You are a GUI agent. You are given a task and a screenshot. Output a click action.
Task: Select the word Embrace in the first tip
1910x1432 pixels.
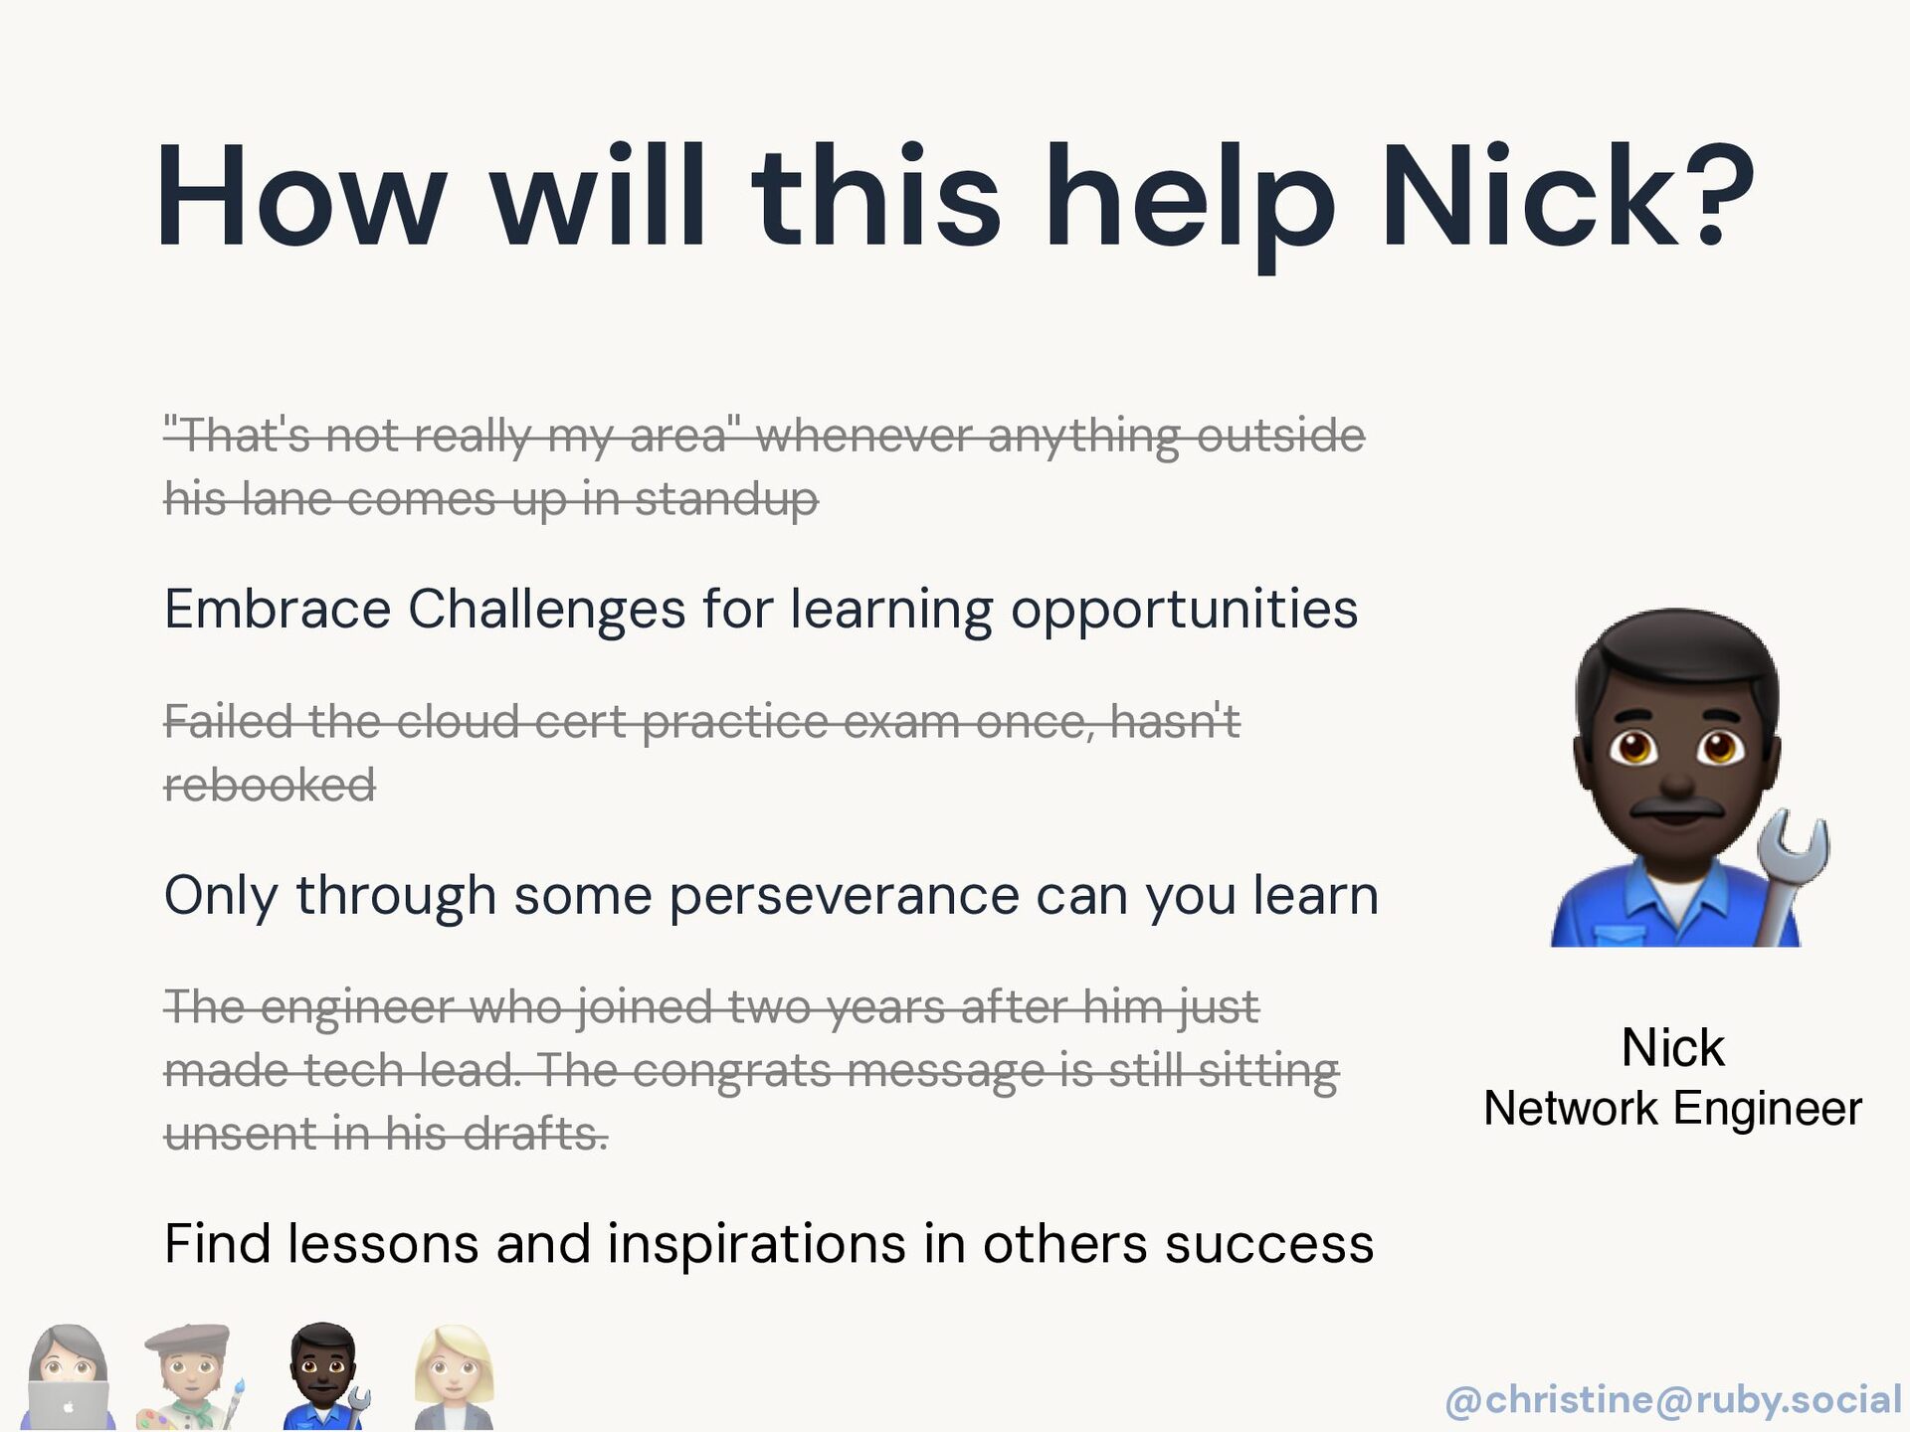click(x=278, y=609)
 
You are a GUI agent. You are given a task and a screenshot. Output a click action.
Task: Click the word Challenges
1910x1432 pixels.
click(x=546, y=611)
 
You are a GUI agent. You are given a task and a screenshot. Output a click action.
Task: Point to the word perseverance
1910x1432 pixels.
click(x=844, y=896)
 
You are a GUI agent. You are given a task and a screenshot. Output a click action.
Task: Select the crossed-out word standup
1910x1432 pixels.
click(x=726, y=499)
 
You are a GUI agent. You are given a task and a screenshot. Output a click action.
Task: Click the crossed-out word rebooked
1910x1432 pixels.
click(x=270, y=785)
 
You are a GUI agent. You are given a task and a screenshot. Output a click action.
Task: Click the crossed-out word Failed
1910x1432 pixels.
click(x=228, y=721)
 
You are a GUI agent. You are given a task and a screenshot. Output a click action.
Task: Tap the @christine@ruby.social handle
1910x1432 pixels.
click(x=1673, y=1399)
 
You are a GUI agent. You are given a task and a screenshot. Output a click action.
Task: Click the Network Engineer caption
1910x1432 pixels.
click(x=1672, y=1108)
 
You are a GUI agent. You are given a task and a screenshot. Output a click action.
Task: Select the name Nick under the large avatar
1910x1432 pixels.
click(x=1672, y=1047)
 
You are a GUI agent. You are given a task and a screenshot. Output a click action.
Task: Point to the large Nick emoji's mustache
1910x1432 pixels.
click(x=1677, y=805)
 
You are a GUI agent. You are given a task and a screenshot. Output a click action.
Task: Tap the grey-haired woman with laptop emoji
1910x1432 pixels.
click(x=68, y=1377)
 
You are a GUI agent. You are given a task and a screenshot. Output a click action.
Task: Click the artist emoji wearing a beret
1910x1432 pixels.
click(x=190, y=1377)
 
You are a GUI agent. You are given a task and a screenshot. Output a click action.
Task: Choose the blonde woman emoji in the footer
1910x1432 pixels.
click(x=453, y=1377)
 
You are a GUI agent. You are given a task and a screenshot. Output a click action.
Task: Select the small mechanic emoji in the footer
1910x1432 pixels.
click(x=324, y=1377)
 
